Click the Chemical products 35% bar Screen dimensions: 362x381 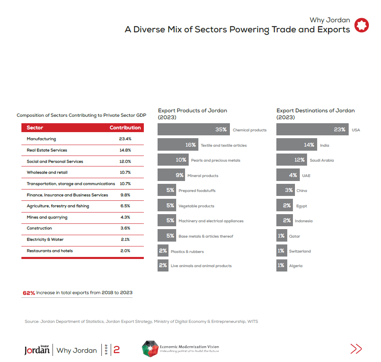pos(194,130)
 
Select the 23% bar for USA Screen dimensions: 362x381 pos(312,130)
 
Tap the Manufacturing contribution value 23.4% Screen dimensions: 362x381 pos(125,139)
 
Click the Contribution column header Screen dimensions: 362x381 pos(125,128)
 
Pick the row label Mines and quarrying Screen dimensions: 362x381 pos(47,217)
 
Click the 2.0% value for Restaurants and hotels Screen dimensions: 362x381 pos(125,251)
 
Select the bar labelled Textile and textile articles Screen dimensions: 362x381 pos(177,145)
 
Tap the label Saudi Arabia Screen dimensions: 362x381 pos(322,160)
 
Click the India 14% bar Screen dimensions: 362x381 pos(297,145)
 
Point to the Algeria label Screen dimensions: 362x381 pos(296,266)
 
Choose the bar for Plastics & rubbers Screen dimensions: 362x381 pos(163,251)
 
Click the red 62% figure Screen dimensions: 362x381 pos(29,293)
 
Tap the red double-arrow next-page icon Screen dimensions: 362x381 pos(356,349)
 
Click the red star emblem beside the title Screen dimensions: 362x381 pos(362,25)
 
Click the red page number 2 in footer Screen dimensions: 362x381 pos(116,349)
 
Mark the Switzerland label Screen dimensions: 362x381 pos(300,251)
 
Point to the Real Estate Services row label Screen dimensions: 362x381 pos(47,150)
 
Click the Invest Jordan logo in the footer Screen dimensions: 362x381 pos(37,349)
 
